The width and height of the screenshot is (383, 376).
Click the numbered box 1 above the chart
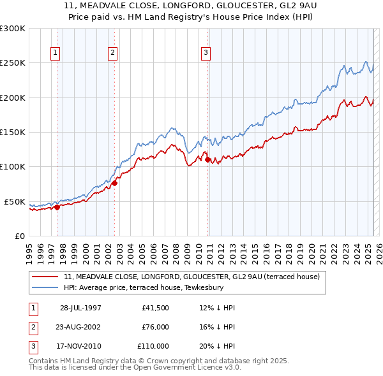coord(56,54)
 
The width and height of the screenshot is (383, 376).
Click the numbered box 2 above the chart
coord(112,54)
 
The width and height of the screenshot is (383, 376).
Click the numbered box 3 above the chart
coord(206,54)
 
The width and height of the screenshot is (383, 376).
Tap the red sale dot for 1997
coord(57,206)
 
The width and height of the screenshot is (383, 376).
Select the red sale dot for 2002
coord(115,183)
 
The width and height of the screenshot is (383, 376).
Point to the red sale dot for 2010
coord(208,159)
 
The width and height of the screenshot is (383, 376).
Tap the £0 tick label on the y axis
coord(19,236)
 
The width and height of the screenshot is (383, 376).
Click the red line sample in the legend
coord(45,277)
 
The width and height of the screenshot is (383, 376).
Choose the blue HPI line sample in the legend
coord(45,287)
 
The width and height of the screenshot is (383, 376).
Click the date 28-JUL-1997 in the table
coord(80,308)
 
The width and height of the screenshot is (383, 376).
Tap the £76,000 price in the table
coord(156,327)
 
